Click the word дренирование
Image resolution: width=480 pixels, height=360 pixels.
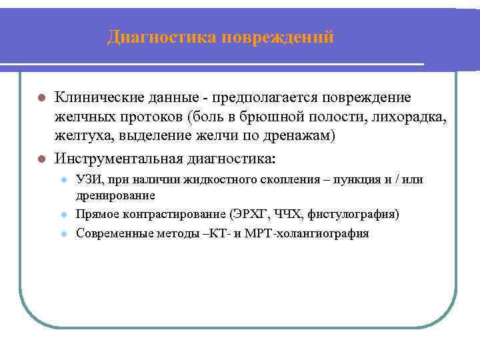116,196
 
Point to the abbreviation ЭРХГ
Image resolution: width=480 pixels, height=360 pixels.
250,214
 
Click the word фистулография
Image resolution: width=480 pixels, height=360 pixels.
354,214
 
